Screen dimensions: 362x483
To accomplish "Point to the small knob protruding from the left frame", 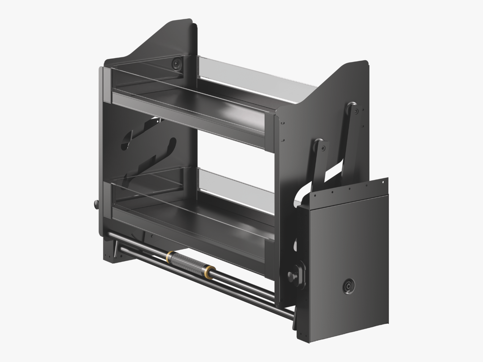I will click(96, 204).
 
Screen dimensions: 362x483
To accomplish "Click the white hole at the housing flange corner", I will click(382, 182).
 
